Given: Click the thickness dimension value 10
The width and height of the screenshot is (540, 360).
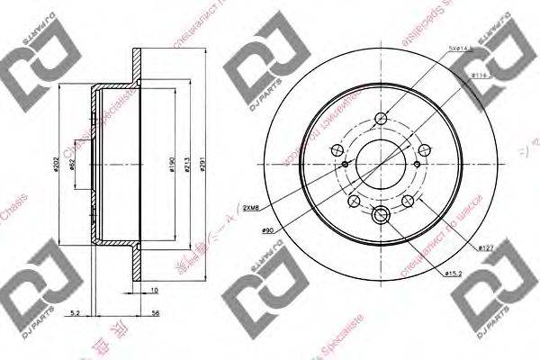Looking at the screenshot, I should [x=154, y=291].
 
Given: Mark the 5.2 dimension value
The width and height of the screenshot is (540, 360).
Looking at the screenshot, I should [x=76, y=313].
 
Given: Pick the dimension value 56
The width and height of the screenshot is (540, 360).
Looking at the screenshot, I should [x=157, y=313].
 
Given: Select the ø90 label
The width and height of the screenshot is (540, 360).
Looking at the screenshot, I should [x=267, y=232].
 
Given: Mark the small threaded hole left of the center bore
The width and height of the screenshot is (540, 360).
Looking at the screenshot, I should [x=346, y=165].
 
